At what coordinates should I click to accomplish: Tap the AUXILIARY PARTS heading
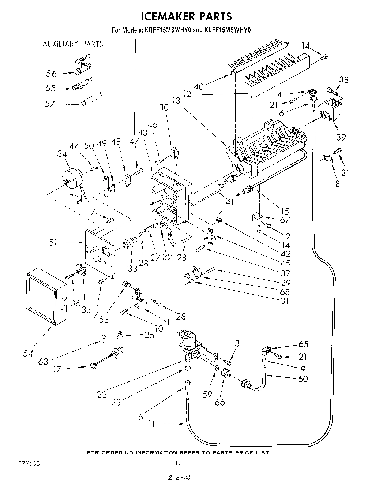click(x=73, y=44)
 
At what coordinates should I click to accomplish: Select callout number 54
click(x=29, y=353)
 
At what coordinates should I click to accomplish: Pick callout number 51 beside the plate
click(x=53, y=242)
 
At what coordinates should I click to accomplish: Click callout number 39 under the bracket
click(x=341, y=137)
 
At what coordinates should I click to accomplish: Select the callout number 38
click(x=344, y=80)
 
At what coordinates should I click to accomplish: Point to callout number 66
click(x=219, y=402)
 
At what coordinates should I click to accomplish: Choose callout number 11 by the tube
click(x=153, y=424)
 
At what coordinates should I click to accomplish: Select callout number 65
click(x=303, y=344)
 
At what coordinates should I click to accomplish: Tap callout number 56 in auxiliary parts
click(x=52, y=74)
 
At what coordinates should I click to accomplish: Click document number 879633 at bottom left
click(x=29, y=463)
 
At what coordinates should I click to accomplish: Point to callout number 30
click(x=164, y=107)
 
